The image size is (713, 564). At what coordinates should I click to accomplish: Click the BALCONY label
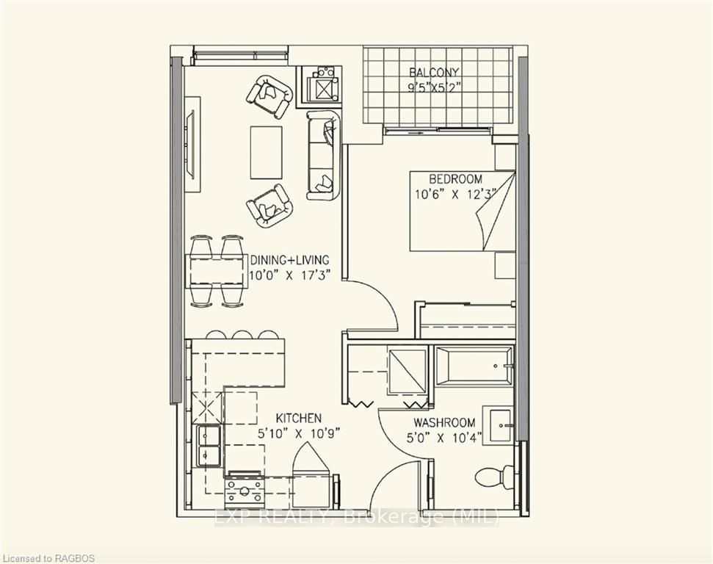point(434,72)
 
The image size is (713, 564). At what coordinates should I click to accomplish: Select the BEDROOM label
point(455,178)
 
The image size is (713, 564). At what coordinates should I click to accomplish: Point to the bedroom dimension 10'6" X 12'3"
point(455,195)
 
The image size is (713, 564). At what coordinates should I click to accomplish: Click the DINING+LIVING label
point(289,260)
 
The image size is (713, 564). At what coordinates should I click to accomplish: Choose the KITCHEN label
point(299,418)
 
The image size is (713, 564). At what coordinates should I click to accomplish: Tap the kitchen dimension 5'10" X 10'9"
point(299,434)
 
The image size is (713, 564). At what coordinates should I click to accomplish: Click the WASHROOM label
point(445,422)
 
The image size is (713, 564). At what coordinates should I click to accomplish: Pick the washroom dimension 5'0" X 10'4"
point(444,438)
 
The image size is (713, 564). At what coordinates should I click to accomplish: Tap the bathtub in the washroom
point(473,366)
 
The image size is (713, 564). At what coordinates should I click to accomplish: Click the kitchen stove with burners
point(245,489)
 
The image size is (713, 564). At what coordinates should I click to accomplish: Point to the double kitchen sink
point(209,446)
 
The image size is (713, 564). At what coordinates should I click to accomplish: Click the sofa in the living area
point(323,155)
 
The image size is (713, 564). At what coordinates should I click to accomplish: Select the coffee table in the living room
point(266,152)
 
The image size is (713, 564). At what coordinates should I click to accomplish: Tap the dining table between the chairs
point(217,272)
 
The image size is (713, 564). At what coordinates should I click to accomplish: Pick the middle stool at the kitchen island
point(239,334)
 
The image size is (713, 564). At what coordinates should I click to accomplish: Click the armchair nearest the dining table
point(269,206)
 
